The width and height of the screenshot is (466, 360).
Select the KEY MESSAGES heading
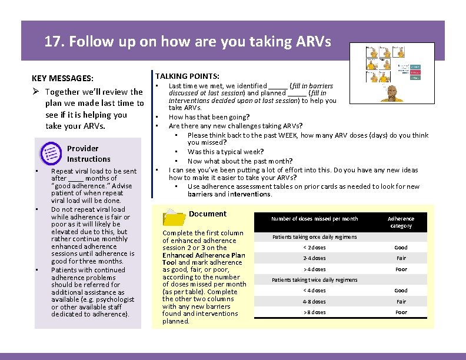click(62, 78)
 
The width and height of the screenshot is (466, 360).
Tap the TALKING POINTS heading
click(187, 76)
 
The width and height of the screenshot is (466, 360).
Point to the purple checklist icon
click(50, 154)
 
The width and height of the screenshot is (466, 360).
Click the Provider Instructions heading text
click(88, 154)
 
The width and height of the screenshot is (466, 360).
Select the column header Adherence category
click(401, 222)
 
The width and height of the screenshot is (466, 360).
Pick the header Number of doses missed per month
click(314, 219)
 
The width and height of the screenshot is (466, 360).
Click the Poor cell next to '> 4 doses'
click(401, 269)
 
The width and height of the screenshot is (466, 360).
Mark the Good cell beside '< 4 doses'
click(401, 291)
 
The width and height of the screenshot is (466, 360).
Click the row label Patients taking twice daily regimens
click(314, 280)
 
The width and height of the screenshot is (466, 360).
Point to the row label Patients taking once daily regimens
click(314, 237)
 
